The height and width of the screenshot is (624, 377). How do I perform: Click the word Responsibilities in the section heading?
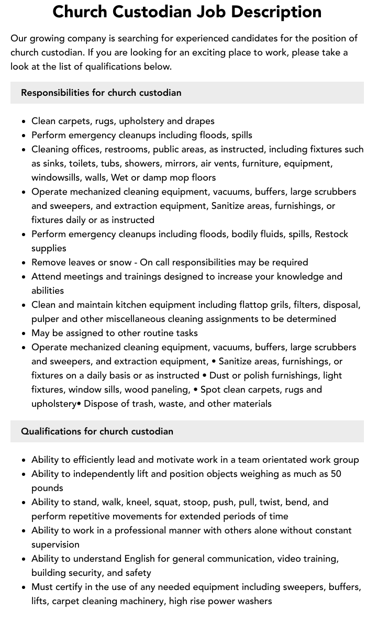coord(55,93)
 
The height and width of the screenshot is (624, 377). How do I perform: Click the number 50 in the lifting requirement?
coord(336,474)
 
